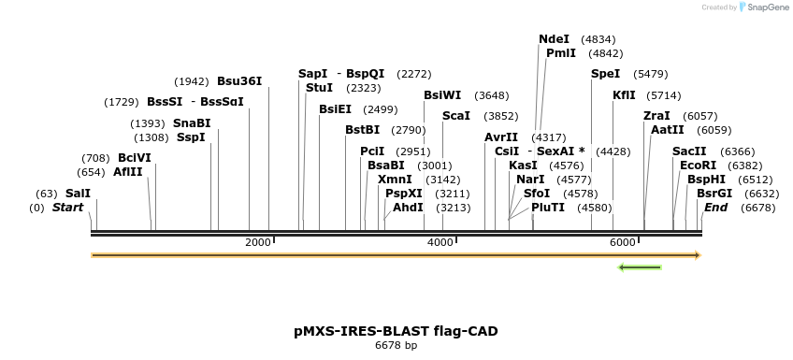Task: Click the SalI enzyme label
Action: coord(78,194)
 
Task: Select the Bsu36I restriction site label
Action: coord(239,81)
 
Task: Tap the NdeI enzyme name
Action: coord(554,39)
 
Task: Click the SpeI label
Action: coord(605,73)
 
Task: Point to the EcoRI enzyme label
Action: coord(698,165)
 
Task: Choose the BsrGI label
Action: coord(714,194)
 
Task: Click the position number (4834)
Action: coord(598,39)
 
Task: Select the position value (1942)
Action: coord(192,81)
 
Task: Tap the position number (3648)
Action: coord(491,95)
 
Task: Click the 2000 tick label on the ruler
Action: coord(257,243)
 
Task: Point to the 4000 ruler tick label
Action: coord(440,243)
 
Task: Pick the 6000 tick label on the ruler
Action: coord(622,243)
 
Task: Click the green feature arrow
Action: coord(641,267)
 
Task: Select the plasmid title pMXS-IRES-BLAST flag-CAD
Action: coord(396,331)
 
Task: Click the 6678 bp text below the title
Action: coord(396,346)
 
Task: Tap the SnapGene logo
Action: coord(763,7)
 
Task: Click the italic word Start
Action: coord(67,208)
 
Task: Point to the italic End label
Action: coord(715,208)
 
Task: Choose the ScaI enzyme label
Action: coord(455,116)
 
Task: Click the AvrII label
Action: coord(500,137)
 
